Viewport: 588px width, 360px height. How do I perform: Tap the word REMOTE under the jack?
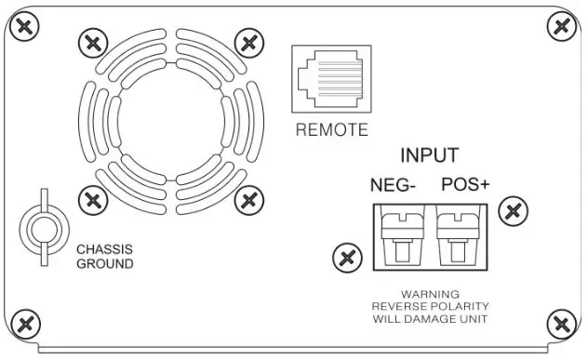pyautogui.click(x=332, y=130)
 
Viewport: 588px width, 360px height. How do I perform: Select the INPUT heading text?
pyautogui.click(x=429, y=155)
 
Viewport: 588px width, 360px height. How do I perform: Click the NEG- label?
pyautogui.click(x=394, y=185)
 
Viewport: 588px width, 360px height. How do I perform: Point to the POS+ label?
pyautogui.click(x=465, y=185)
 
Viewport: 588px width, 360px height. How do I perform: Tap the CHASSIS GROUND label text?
pyautogui.click(x=104, y=257)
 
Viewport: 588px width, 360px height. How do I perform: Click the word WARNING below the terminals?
pyautogui.click(x=430, y=294)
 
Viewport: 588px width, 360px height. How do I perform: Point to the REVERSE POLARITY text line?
pyautogui.click(x=430, y=306)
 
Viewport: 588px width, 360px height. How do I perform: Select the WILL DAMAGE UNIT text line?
pyautogui.click(x=430, y=319)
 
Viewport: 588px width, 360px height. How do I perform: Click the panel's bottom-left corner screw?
pyautogui.click(x=28, y=325)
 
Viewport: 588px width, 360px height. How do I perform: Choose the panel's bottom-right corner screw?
pyautogui.click(x=560, y=325)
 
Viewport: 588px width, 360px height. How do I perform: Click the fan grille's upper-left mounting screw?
pyautogui.click(x=91, y=42)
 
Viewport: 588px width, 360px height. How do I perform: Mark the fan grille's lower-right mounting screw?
pyautogui.click(x=247, y=198)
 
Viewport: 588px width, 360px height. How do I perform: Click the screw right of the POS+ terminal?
pyautogui.click(x=511, y=211)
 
